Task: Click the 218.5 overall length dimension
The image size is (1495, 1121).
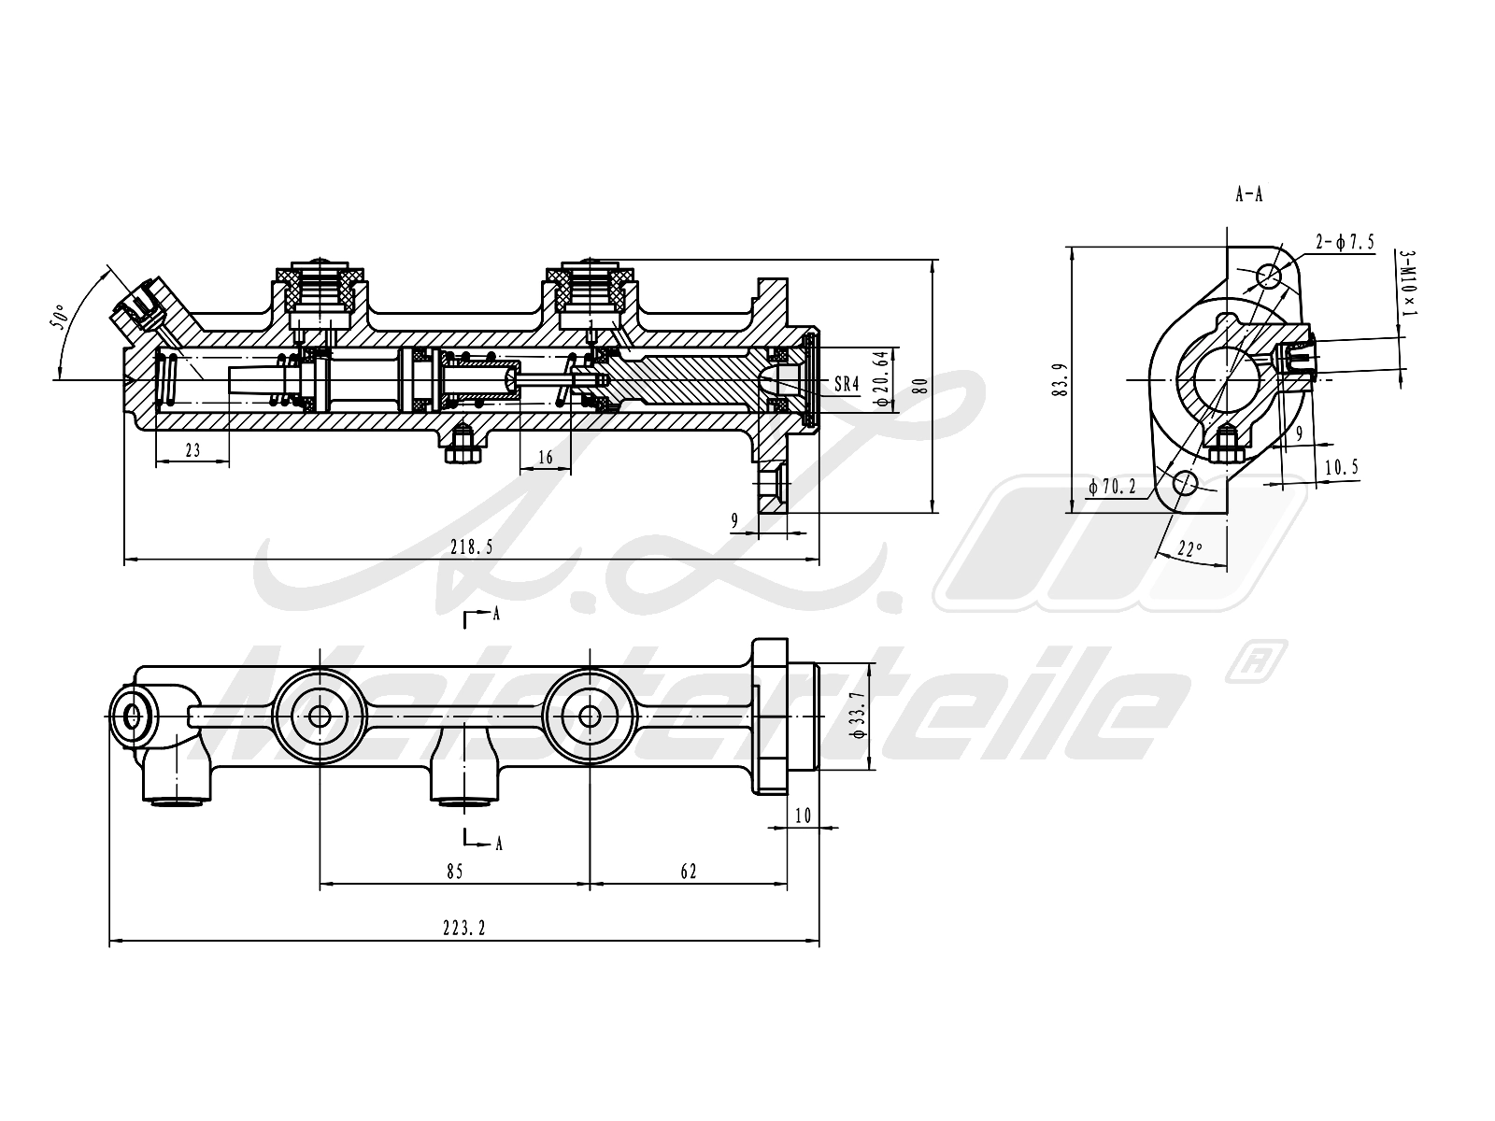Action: [x=471, y=546]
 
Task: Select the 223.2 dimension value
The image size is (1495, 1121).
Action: [x=463, y=928]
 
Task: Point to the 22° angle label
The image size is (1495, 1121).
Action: [x=1189, y=548]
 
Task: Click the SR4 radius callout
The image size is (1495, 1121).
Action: [x=847, y=384]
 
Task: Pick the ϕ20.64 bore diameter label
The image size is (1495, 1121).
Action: [x=883, y=378]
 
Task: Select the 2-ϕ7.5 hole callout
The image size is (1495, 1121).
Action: [x=1345, y=242]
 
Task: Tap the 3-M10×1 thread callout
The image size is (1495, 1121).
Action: [x=1407, y=282]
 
